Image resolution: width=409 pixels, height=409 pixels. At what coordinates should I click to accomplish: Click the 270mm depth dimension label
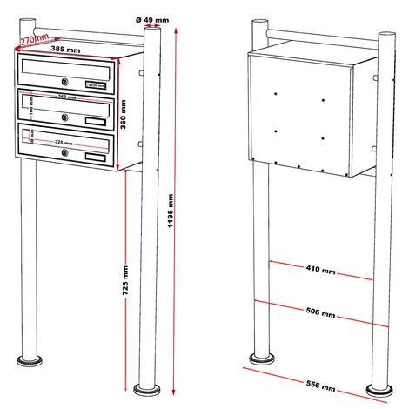point(35,39)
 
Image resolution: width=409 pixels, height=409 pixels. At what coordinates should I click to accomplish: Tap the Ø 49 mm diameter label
point(155,19)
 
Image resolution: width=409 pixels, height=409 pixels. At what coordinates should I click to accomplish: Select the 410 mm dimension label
point(321,271)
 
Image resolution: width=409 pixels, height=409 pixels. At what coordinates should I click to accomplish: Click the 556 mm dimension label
point(321,384)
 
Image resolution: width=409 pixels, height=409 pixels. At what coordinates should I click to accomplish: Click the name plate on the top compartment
point(95,84)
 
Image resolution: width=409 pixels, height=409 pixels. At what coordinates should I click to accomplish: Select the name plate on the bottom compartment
point(95,157)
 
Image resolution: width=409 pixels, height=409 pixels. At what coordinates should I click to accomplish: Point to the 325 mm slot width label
point(64,140)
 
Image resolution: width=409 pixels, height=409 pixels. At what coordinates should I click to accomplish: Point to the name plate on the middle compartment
point(95,120)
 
